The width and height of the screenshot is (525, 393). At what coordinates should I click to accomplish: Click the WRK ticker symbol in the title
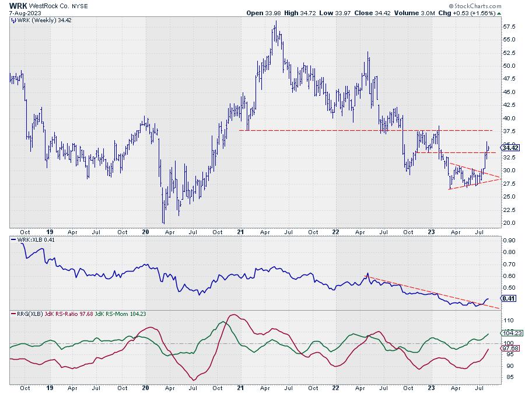17,5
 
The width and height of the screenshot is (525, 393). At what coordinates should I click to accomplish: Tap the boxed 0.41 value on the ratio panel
507,298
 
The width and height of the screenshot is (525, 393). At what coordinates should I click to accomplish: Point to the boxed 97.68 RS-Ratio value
508,348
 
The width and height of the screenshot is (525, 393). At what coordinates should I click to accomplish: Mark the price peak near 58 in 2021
275,22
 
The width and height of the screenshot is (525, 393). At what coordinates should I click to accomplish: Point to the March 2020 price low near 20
163,222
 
